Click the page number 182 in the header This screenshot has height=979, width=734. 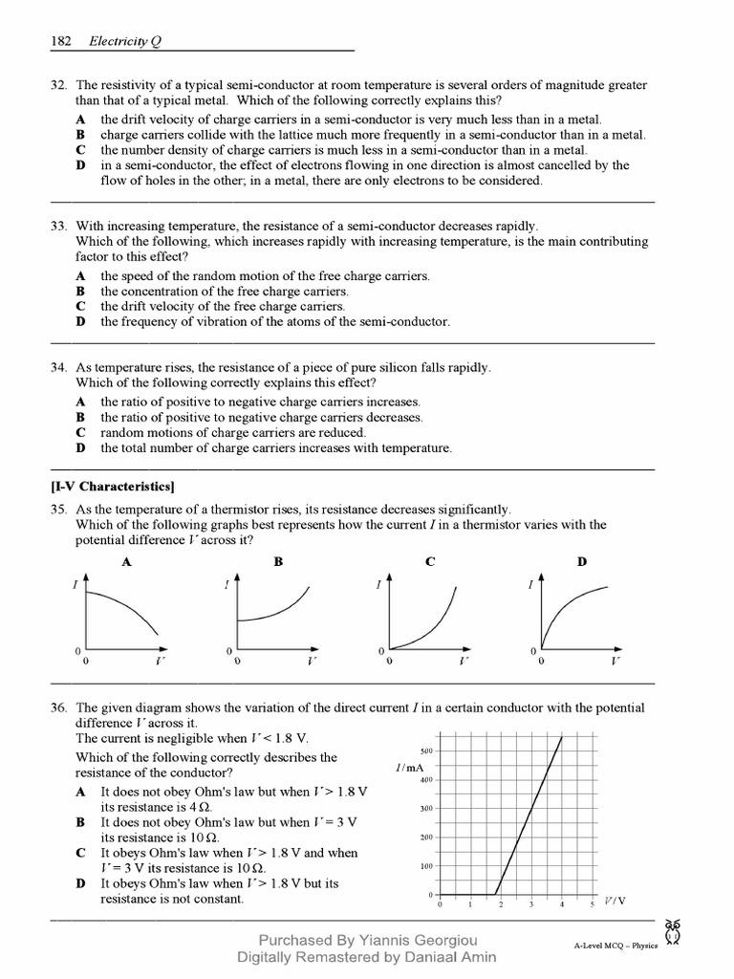62,41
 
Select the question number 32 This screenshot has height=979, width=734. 57,85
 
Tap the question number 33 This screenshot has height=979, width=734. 57,227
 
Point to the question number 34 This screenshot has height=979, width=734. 57,368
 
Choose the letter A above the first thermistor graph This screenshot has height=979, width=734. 126,563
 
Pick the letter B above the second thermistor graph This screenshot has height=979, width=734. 278,563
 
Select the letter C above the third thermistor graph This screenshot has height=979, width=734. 430,563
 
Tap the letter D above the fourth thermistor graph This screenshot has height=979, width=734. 581,563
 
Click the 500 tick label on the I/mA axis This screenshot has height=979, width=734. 427,751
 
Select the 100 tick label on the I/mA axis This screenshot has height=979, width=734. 427,866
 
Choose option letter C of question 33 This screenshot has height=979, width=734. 81,307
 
